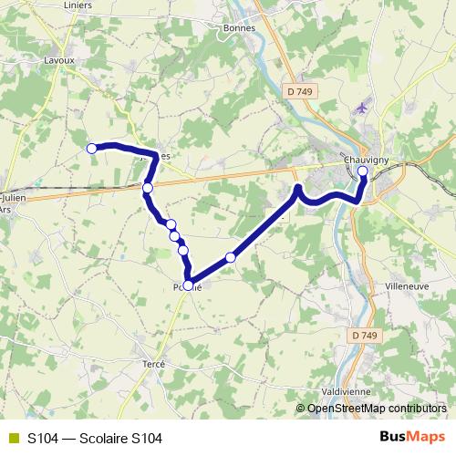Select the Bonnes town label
pyautogui.click(x=239, y=27)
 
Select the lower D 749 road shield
pyautogui.click(x=363, y=336)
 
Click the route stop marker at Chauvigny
pyautogui.click(x=363, y=171)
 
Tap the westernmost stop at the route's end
pyautogui.click(x=91, y=148)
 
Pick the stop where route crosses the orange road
pyautogui.click(x=148, y=188)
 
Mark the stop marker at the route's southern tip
pyautogui.click(x=189, y=285)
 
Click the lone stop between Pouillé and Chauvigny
pyautogui.click(x=231, y=258)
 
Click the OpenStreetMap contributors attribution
pyautogui.click(x=376, y=409)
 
